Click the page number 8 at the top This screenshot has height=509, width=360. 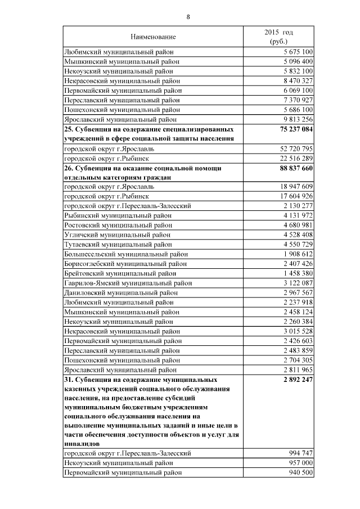pyautogui.click(x=188, y=17)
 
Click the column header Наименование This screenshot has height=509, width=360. pyautogui.click(x=153, y=37)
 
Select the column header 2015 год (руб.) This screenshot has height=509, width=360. pyautogui.click(x=278, y=37)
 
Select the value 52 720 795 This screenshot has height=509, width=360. pyautogui.click(x=293, y=148)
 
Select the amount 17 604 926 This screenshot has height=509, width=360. pyautogui.click(x=293, y=196)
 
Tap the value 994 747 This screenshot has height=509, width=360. pyautogui.click(x=299, y=453)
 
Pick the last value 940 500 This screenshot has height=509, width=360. pyautogui.click(x=299, y=472)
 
